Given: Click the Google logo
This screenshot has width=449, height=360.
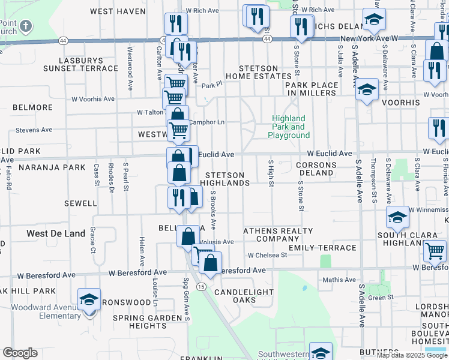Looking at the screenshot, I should [20, 353].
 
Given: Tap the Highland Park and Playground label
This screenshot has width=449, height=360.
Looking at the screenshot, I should [289, 127].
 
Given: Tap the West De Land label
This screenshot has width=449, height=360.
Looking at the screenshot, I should [56, 233].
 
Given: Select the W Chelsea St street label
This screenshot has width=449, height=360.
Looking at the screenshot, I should [267, 255].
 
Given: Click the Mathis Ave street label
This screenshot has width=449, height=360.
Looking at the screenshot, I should [339, 280].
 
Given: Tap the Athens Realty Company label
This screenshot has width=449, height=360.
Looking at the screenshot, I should [278, 235].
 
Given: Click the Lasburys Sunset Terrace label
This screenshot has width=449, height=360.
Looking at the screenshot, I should [88, 64].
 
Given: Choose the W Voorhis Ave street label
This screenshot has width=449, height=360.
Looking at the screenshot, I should [93, 99].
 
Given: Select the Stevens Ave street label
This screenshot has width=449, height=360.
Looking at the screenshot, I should [35, 130].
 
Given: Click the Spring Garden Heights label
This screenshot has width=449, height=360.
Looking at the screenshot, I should [147, 322].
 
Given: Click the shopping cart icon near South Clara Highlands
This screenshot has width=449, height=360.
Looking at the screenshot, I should [435, 250].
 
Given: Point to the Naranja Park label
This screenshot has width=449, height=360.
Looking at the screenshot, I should [52, 167].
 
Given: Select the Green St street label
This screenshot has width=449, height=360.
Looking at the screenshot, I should [380, 297].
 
